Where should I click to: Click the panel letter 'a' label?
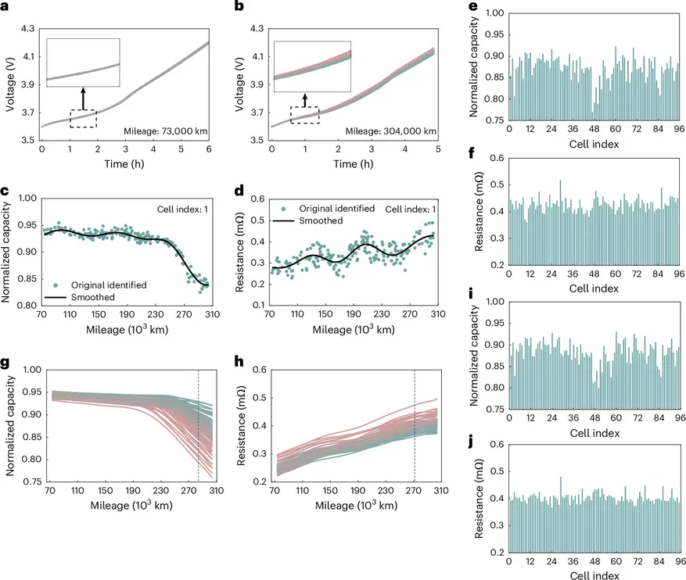(x=5, y=6)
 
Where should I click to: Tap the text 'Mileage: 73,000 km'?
(x=165, y=131)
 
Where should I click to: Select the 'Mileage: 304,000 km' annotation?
(x=390, y=131)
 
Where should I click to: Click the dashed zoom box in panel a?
(x=83, y=119)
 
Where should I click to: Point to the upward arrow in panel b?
(x=305, y=100)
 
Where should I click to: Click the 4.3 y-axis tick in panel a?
(x=27, y=29)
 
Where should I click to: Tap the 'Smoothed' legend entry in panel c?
(x=93, y=297)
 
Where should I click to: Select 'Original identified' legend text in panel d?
(x=337, y=209)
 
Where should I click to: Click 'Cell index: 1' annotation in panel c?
(x=182, y=209)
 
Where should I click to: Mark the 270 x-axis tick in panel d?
(x=410, y=313)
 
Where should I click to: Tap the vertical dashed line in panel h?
(x=415, y=425)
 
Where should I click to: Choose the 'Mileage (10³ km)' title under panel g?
(x=131, y=505)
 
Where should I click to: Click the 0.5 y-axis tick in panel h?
(x=260, y=398)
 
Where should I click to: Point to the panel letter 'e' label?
(x=473, y=6)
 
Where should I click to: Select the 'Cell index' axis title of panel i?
(x=594, y=433)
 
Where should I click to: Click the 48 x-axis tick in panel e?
(x=594, y=129)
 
